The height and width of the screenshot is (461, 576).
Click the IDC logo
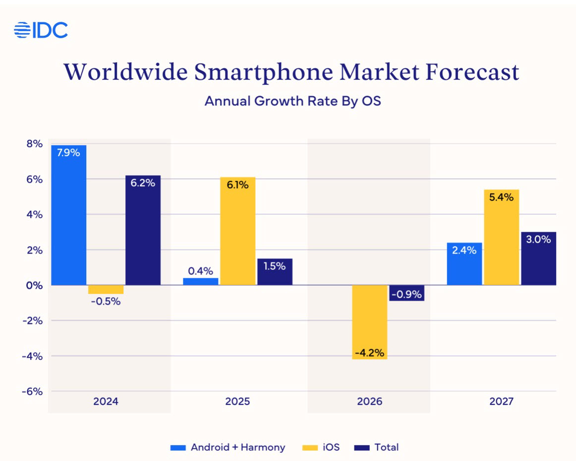(41, 30)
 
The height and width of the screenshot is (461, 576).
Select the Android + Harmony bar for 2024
(68, 215)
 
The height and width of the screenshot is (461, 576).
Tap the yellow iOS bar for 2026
(369, 322)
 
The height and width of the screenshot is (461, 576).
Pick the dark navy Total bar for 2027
(538, 258)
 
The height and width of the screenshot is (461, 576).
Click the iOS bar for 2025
(237, 231)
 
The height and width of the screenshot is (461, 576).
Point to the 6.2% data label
(143, 183)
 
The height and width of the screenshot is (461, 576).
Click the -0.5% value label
(106, 301)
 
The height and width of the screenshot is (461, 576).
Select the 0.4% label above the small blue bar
(200, 271)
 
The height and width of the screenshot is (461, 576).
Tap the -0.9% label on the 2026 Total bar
(406, 294)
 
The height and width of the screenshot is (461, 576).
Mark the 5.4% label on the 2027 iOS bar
(501, 197)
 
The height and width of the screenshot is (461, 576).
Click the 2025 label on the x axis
(237, 401)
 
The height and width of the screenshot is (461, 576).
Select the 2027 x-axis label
(501, 401)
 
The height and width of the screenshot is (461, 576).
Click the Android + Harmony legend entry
(229, 447)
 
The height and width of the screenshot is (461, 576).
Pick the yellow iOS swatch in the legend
(309, 448)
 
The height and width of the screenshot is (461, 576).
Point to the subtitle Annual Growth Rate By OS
(292, 101)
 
